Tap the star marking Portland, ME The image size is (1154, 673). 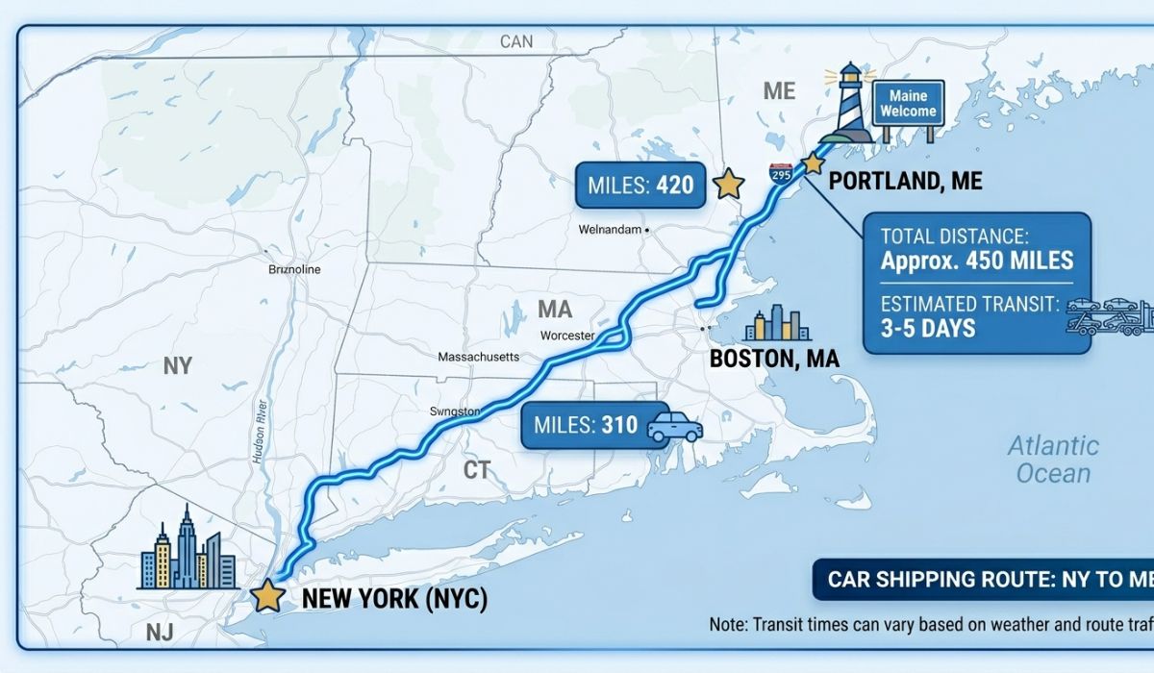pos(814,162)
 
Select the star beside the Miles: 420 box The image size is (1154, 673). pos(730,184)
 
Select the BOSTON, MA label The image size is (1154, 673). pos(774,359)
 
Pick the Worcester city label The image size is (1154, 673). pos(568,336)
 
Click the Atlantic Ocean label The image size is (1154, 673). pos(1053,459)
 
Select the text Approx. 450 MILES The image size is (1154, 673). pos(976,261)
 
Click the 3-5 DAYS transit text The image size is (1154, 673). pos(927,328)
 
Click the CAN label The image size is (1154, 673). pos(515,41)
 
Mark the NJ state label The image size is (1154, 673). pos(159,632)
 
